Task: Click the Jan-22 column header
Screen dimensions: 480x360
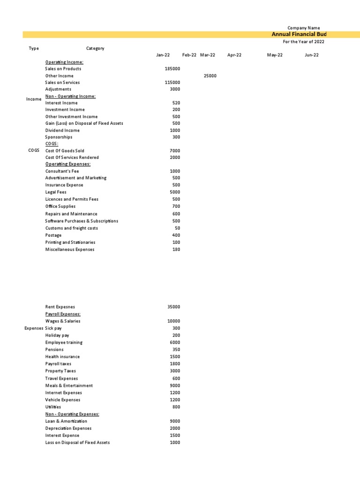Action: pyautogui.click(x=163, y=55)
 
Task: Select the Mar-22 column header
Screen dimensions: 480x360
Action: pyautogui.click(x=207, y=55)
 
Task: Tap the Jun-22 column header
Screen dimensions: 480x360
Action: pyautogui.click(x=312, y=55)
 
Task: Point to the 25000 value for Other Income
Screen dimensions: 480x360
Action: pyautogui.click(x=210, y=75)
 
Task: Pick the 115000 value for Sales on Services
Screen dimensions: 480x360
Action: pyautogui.click(x=172, y=82)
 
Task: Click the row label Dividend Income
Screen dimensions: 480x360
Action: pyautogui.click(x=62, y=130)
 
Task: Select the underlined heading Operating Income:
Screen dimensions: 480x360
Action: pyautogui.click(x=64, y=62)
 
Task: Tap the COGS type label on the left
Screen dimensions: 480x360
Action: pyautogui.click(x=34, y=150)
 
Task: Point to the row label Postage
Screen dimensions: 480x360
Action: pyautogui.click(x=53, y=235)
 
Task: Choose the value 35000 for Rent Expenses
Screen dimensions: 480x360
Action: pyautogui.click(x=173, y=307)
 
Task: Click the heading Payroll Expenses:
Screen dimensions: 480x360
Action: pyautogui.click(x=63, y=314)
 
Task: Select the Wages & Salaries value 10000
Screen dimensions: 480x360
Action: pyautogui.click(x=173, y=321)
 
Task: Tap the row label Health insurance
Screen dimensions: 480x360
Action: pyautogui.click(x=62, y=357)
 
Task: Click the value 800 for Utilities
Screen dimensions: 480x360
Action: pyautogui.click(x=176, y=407)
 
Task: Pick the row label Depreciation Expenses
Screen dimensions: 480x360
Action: pyautogui.click(x=68, y=428)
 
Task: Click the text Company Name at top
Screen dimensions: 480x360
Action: pyautogui.click(x=304, y=28)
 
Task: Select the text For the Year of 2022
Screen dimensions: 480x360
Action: pyautogui.click(x=303, y=42)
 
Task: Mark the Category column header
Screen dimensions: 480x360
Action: pyautogui.click(x=95, y=48)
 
